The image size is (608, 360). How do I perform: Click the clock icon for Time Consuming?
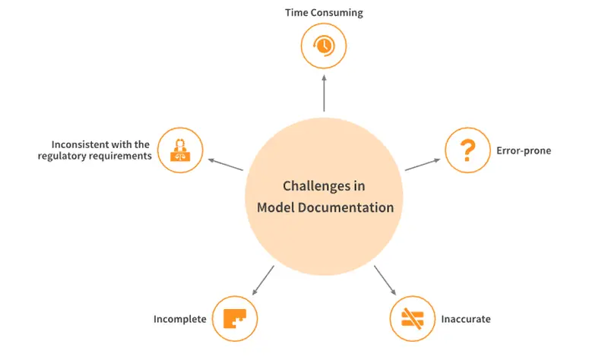pos(324,46)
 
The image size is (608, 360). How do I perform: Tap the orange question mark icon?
pos(467,150)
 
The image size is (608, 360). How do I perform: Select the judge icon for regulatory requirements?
pos(180,150)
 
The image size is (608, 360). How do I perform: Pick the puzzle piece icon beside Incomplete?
pos(235,318)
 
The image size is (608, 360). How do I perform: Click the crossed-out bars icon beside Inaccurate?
pos(412,318)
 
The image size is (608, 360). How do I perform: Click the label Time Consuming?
pos(325,13)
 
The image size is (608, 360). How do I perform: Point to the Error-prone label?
pos(524,150)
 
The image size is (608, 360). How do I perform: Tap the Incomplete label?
pos(180,319)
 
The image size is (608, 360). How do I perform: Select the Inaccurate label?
pos(466,319)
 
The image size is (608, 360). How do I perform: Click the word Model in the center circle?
pos(275,207)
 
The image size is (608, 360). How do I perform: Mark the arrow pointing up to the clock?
pos(325,93)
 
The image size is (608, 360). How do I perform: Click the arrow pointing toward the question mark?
pos(423,164)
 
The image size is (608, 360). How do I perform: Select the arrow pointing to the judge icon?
pos(226,164)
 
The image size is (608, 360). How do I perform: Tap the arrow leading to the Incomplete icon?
pos(263,280)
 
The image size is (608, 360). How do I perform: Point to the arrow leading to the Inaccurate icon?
pos(385,280)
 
